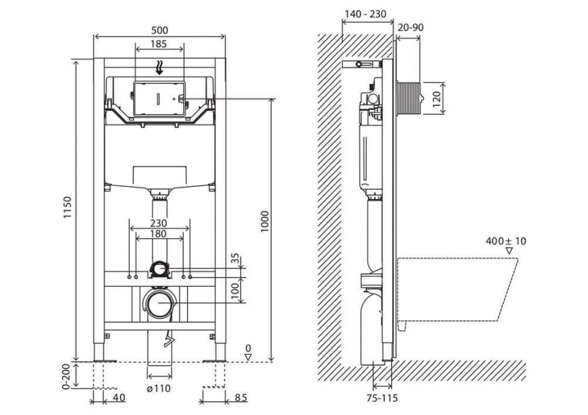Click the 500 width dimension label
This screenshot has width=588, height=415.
coord(159,30)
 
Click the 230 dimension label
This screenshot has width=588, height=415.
coord(159,223)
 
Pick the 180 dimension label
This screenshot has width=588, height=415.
coord(159,234)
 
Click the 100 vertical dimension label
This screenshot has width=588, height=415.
coord(237,291)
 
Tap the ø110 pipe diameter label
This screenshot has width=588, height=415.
coord(159,389)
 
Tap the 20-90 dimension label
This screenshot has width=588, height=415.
coord(410,27)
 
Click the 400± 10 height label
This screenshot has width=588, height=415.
coord(507,240)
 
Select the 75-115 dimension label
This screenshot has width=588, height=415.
coord(382,398)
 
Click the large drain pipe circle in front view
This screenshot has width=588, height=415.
coord(158,303)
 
